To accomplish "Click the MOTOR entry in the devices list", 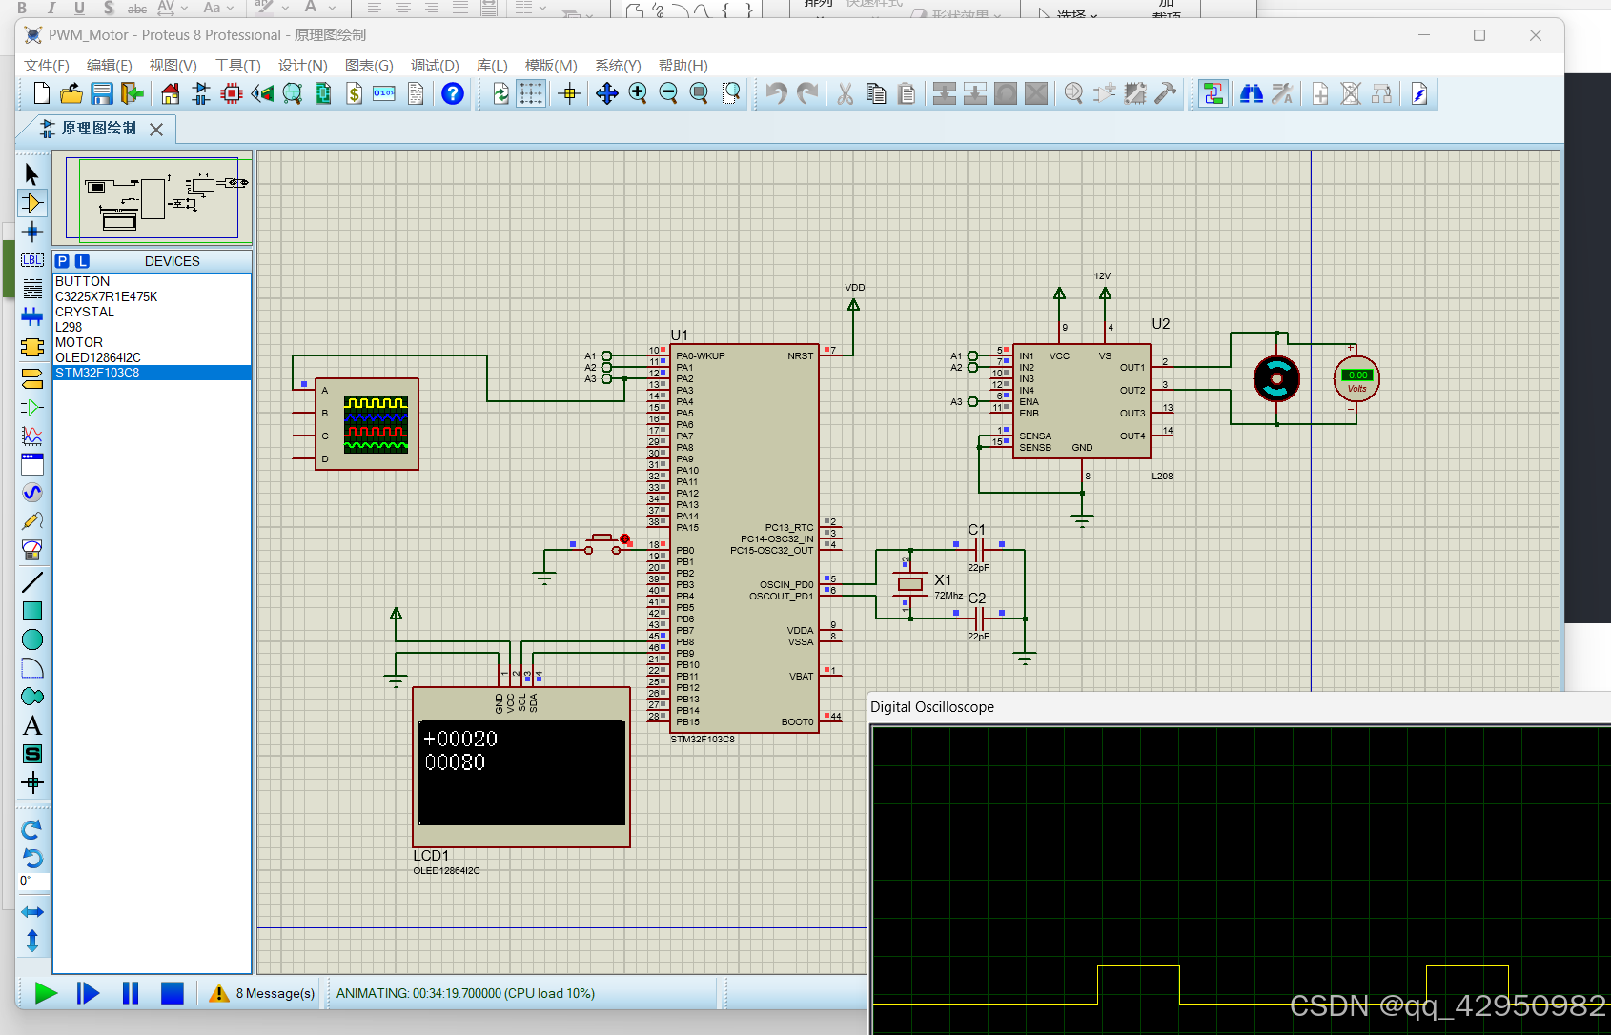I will pos(79,342).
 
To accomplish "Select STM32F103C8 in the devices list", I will pos(97,373).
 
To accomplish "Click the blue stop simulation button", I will pos(172,993).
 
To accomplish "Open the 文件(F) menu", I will pos(46,65).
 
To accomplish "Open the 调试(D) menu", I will pos(434,65).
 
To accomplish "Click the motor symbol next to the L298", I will pos(1276,378).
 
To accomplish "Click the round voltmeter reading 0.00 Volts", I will pos(1356,379).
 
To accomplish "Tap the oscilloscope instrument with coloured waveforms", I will pos(375,424).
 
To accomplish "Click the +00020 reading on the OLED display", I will pos(460,739).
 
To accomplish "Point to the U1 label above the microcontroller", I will pos(679,335).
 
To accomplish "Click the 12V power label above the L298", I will pos(1102,275).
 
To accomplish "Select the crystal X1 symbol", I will pos(910,584).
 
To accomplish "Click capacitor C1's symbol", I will pos(979,549).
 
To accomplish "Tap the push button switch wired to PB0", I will pos(602,543).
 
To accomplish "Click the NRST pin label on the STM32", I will pos(800,355).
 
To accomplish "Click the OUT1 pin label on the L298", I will pos(1132,367).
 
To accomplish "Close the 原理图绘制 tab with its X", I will pos(156,129).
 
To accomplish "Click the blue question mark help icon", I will pos(453,93).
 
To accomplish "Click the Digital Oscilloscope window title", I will pos(931,707).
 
